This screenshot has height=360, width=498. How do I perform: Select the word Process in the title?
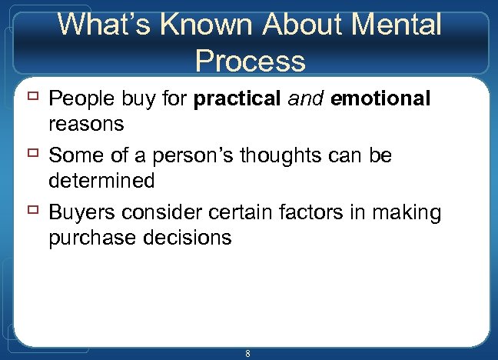click(x=251, y=60)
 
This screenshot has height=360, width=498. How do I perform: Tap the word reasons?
click(x=85, y=124)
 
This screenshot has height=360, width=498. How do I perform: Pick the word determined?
click(x=101, y=181)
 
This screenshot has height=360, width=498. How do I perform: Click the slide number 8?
click(x=247, y=353)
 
